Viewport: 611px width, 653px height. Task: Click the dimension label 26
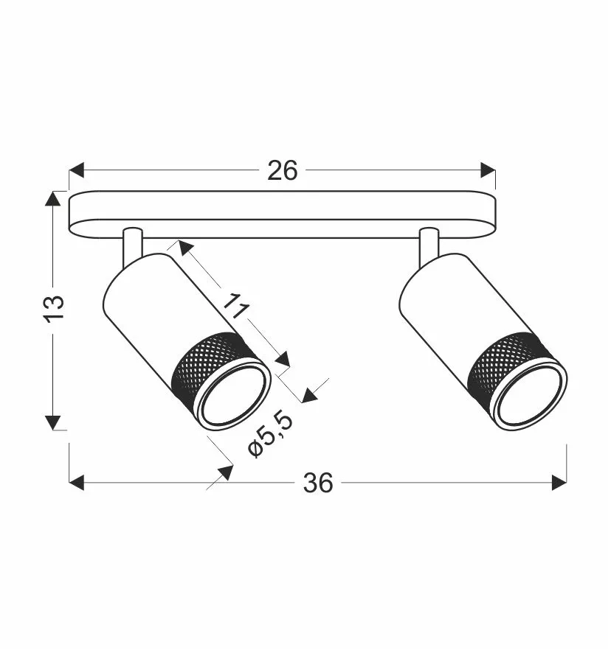point(283,170)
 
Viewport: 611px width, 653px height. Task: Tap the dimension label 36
point(318,483)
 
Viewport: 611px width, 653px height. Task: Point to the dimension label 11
point(235,306)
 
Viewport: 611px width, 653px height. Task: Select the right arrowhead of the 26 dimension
point(488,170)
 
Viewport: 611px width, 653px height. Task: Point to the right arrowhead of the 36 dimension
point(559,483)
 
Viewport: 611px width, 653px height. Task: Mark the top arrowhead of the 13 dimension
point(53,199)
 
